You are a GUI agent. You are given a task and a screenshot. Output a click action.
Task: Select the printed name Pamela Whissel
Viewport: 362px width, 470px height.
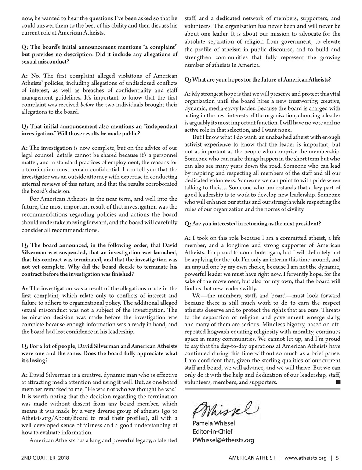[x=214, y=423]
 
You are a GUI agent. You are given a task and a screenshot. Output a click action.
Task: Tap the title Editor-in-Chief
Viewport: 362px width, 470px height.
[x=212, y=431]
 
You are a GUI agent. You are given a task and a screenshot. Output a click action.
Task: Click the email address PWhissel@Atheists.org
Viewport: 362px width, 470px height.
[x=223, y=440]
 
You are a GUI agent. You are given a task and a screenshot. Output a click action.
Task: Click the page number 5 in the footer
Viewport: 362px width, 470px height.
[x=337, y=458]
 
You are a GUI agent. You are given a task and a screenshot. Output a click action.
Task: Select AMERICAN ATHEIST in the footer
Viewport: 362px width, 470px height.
[x=251, y=458]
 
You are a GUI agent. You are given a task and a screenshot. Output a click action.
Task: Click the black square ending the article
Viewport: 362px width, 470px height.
[x=338, y=382]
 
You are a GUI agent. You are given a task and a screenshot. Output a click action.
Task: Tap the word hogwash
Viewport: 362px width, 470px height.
[x=214, y=332]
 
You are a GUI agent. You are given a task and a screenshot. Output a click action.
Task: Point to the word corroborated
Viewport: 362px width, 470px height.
[x=161, y=184]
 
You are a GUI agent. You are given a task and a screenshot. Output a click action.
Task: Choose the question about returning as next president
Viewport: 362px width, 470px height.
[x=253, y=224]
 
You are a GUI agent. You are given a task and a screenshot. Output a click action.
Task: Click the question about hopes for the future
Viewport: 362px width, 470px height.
[x=257, y=79]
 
